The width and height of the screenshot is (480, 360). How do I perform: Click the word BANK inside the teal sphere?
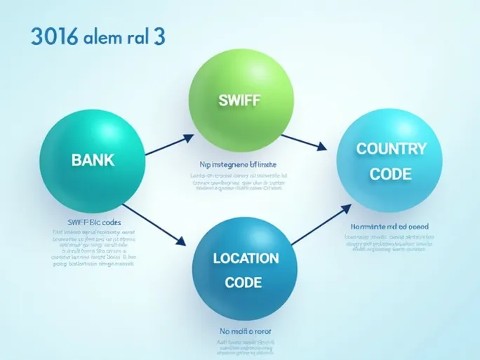point(92,159)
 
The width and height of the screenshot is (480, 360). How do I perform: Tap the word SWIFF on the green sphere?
point(239,100)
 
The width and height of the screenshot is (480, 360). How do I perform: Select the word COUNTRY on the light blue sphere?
point(391,149)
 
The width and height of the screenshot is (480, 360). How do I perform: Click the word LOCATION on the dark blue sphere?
point(246,258)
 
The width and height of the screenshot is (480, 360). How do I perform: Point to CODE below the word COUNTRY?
point(391,174)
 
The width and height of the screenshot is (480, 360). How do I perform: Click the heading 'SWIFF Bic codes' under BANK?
point(93,222)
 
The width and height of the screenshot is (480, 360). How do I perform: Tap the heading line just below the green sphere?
point(238,164)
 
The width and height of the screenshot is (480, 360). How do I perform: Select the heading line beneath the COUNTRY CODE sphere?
point(389,227)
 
